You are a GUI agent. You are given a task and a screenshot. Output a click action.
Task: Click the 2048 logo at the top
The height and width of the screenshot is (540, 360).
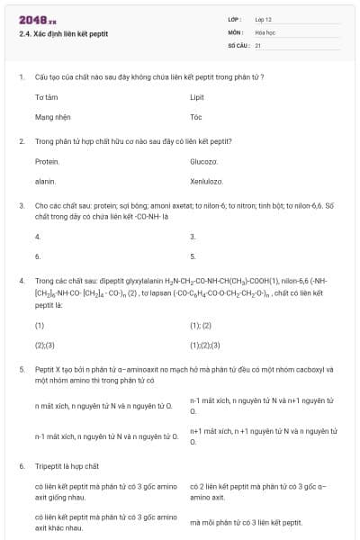31,20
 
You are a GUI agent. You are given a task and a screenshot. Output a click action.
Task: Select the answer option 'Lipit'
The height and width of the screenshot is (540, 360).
197,96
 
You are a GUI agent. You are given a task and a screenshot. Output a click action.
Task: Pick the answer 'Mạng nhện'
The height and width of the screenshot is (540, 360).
51,117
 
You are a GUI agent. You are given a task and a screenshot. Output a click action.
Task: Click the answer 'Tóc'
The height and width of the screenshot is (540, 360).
196,117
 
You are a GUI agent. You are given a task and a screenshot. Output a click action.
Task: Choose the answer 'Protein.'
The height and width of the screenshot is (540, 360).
47,161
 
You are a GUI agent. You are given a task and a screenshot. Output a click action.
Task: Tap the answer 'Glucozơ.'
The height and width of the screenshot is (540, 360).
204,161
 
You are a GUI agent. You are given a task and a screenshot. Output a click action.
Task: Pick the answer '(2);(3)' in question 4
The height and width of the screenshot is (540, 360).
44,345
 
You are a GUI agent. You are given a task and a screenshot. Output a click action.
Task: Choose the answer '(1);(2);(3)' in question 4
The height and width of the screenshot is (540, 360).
204,345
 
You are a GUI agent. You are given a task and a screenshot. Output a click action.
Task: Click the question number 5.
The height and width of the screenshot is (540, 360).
21,369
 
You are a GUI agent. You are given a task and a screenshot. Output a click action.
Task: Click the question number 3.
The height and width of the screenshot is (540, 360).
21,205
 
